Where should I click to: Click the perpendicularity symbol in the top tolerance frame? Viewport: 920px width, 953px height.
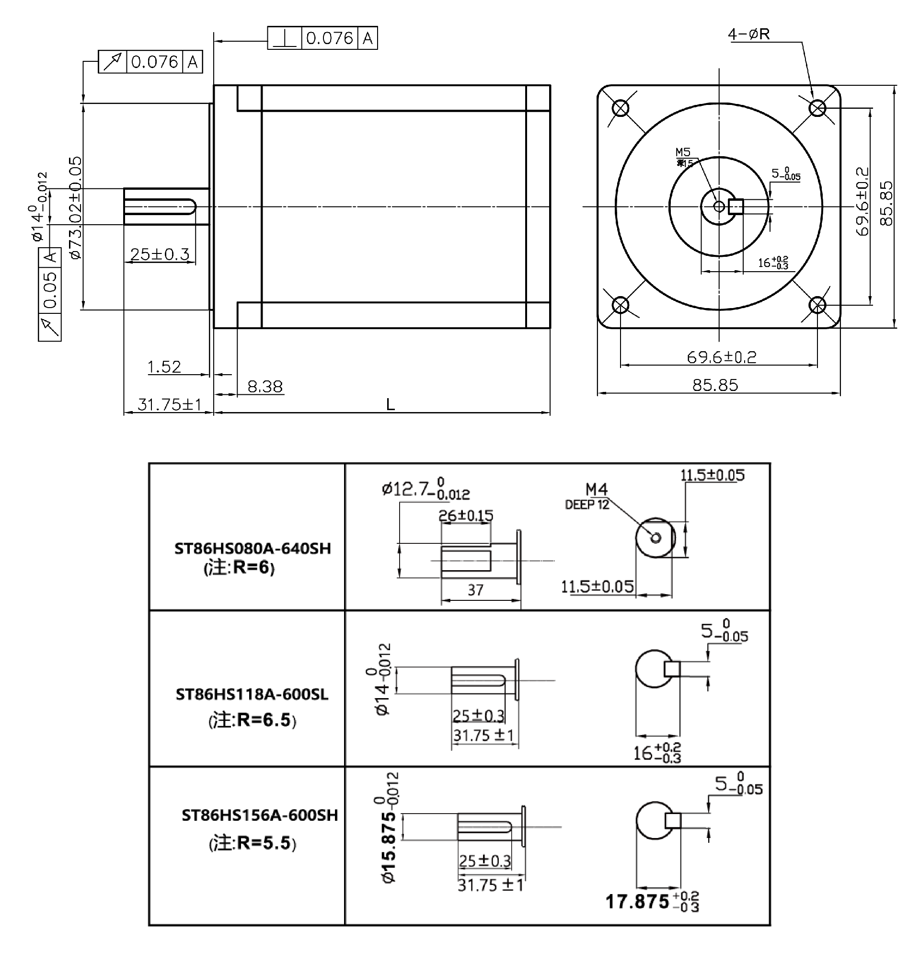[x=285, y=38]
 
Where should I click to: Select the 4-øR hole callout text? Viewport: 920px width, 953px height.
[x=748, y=34]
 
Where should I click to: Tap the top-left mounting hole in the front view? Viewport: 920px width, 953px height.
[x=621, y=108]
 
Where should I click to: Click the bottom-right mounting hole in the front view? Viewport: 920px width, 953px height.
[x=817, y=305]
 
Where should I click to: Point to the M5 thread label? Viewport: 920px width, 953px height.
[x=683, y=152]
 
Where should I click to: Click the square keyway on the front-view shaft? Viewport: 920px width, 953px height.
[x=736, y=207]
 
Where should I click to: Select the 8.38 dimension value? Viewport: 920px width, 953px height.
[x=264, y=387]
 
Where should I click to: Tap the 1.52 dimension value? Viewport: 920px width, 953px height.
[x=164, y=367]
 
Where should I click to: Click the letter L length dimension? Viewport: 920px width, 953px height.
[x=390, y=404]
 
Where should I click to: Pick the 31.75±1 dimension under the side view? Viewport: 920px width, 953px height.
[x=169, y=404]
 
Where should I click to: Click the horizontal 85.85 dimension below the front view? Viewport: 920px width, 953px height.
[x=715, y=385]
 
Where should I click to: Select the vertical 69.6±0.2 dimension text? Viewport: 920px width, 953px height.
[x=862, y=202]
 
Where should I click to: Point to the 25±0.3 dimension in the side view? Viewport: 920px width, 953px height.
[x=160, y=254]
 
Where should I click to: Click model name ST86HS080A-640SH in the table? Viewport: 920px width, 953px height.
[x=253, y=549]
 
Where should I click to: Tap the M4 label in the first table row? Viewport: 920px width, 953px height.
[x=596, y=489]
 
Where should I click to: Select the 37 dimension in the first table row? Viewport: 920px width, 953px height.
[x=475, y=590]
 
